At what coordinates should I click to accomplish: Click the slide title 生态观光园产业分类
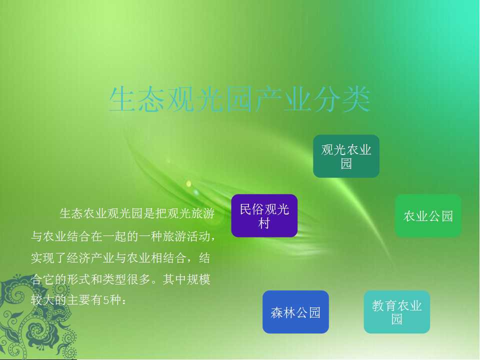(x=239, y=99)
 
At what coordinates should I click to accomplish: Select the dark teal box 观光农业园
(x=346, y=156)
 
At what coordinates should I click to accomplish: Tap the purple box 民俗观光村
(x=264, y=215)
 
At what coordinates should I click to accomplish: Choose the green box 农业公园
(x=428, y=215)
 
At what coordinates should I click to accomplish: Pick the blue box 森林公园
(x=295, y=312)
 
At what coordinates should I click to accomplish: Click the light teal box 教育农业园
(x=397, y=312)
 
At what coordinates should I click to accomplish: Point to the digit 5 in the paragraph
(x=106, y=300)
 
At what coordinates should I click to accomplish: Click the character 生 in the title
(x=122, y=99)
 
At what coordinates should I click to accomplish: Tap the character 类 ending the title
(x=357, y=99)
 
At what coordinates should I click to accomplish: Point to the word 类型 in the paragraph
(x=114, y=279)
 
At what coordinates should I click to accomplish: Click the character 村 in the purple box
(x=264, y=223)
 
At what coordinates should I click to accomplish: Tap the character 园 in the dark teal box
(x=346, y=163)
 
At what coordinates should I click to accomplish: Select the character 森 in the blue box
(x=276, y=312)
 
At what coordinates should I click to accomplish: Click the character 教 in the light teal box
(x=378, y=305)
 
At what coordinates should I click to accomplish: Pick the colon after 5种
(x=123, y=300)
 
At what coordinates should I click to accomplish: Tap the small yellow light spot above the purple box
(x=188, y=183)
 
